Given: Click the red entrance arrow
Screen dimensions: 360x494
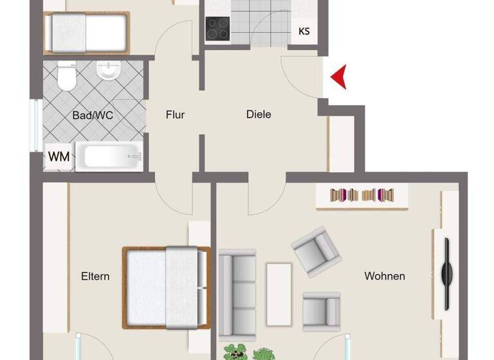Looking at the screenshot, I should pos(339,77).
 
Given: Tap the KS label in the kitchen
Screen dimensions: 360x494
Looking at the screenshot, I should pos(304,32).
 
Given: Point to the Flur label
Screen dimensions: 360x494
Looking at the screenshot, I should pos(175,115).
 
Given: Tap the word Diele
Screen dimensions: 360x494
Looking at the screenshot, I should pos(259,114).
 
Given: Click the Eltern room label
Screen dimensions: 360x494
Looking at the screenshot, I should pos(95,276).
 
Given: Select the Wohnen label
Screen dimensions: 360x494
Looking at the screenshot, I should pos(385,276).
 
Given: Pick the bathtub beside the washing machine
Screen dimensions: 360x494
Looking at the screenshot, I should pos(109,157).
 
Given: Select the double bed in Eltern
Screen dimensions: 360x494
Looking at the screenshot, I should pos(167,287).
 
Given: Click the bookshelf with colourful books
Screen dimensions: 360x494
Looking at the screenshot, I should pos(362,195).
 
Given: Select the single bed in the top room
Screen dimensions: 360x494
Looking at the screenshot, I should pos(86,33).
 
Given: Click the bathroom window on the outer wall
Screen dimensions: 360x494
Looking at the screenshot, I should pos(36,125).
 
